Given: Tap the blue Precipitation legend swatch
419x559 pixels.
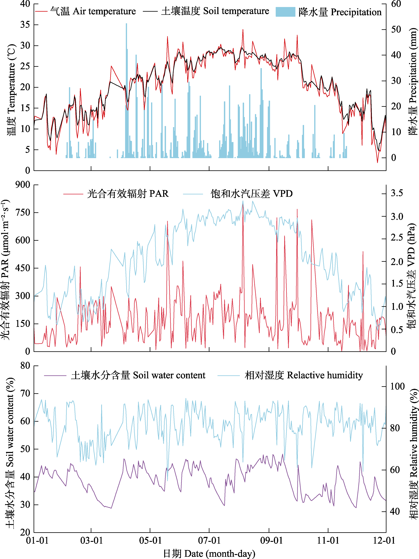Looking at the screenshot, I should point(285,12).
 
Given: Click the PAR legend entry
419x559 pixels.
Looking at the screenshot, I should point(116,194).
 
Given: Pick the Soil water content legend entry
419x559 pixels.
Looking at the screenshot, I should point(125,375).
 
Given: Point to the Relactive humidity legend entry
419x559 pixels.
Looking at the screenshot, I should point(291,375).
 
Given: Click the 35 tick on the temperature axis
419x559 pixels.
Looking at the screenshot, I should point(25,25).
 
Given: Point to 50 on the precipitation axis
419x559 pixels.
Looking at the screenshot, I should point(396,30).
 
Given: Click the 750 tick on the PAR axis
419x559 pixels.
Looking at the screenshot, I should point(23,212).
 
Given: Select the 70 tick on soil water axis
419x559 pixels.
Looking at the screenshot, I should point(25,393).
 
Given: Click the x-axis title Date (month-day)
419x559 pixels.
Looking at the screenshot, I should point(209,553).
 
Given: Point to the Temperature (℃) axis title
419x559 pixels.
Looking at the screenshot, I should point(11,90).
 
